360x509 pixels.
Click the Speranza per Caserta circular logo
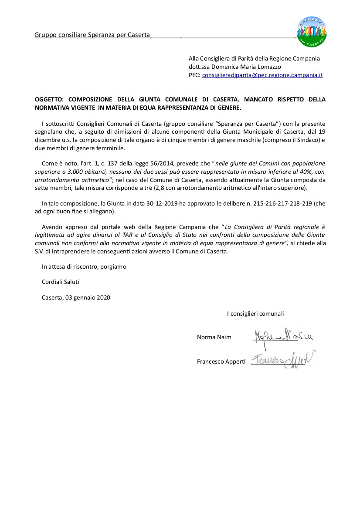pos(312,32)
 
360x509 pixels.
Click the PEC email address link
pos(262,75)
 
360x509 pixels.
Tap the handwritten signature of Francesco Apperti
pos(282,360)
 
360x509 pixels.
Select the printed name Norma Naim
pos(214,337)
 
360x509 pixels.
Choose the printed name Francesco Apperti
pos(221,361)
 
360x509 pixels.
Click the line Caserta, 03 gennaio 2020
pos(76,298)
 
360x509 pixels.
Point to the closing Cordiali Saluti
pos(61,282)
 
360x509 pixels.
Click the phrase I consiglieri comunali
pos(255,313)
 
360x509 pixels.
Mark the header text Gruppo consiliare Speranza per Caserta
pos(92,35)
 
